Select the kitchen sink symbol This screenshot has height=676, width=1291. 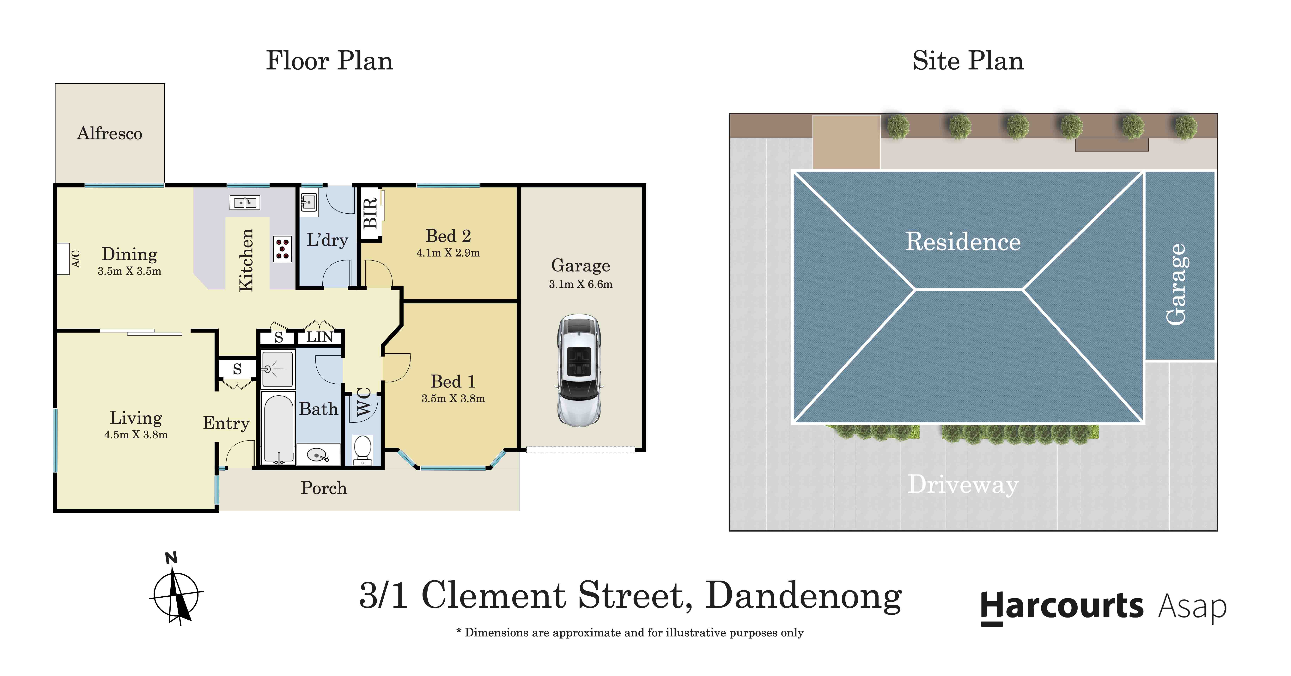245,202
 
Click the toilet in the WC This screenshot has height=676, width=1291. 362,448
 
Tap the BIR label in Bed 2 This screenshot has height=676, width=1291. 370,213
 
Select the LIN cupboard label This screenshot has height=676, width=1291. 319,337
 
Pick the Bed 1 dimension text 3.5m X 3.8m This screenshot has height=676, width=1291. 453,398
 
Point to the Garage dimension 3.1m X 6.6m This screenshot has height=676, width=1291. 580,284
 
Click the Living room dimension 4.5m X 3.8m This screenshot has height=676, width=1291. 136,435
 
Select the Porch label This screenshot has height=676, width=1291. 324,488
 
